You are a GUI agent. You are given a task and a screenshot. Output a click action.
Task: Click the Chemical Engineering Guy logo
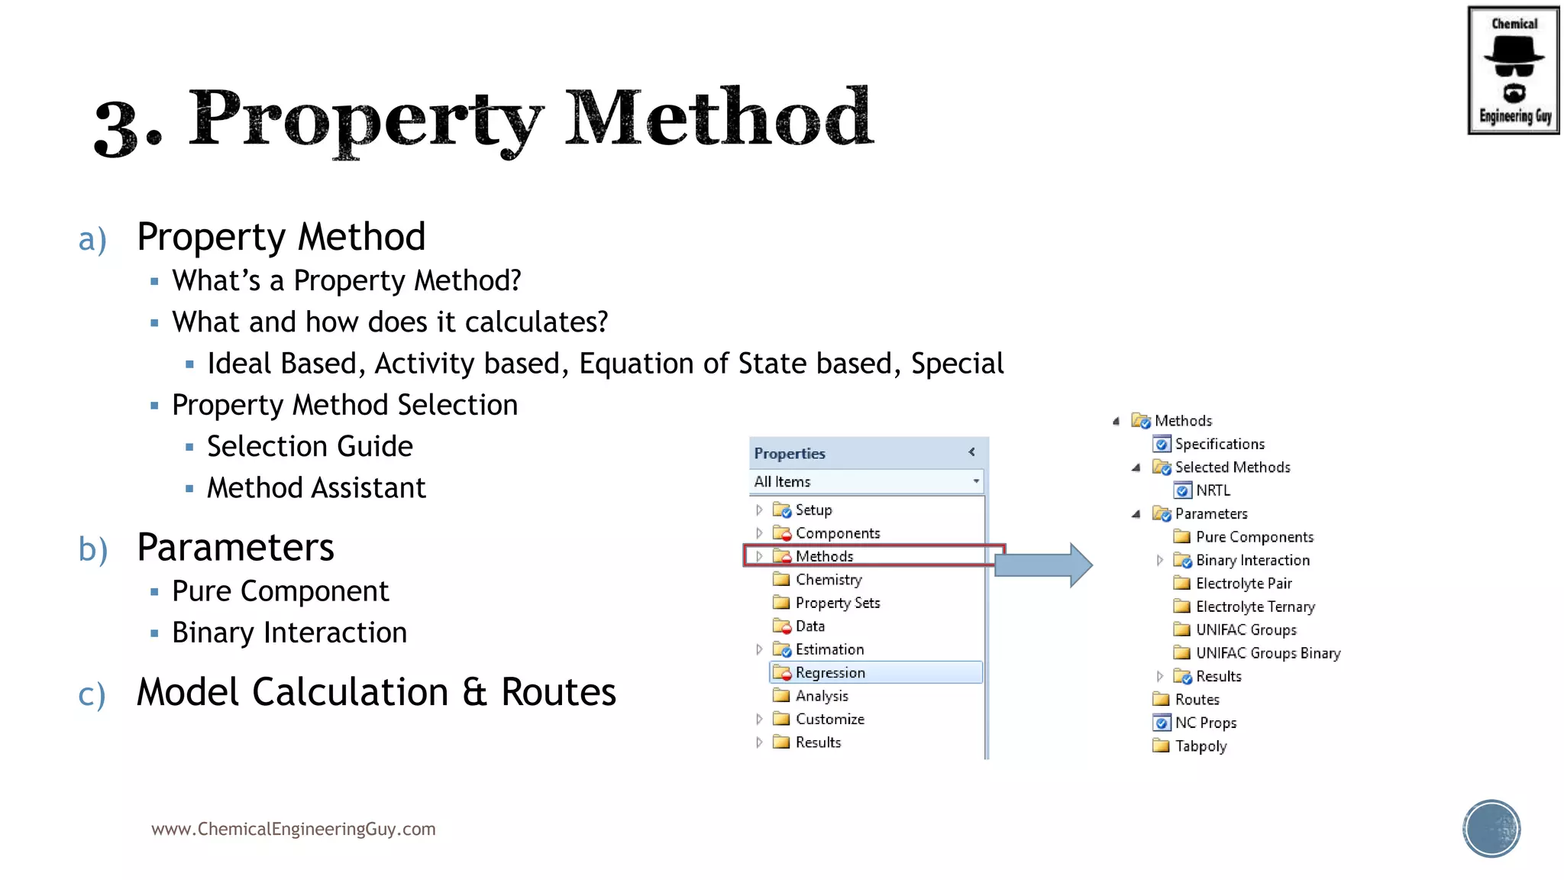[1513, 70]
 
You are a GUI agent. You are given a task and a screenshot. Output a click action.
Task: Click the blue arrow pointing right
[1043, 565]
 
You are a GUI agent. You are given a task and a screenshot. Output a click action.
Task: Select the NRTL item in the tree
[1213, 490]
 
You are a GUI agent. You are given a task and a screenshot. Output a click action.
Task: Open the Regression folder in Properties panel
[830, 673]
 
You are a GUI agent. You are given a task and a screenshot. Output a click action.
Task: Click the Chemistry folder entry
[829, 580]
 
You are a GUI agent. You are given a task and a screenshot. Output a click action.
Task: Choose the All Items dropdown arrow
[976, 481]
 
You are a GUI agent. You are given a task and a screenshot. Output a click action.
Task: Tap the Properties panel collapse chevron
[971, 452]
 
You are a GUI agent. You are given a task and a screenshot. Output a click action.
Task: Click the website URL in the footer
[293, 829]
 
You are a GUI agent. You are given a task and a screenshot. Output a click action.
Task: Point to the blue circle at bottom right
[1491, 829]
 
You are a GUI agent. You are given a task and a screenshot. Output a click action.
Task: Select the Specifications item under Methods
[1220, 444]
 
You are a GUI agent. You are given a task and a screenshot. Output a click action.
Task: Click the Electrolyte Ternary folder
[1255, 607]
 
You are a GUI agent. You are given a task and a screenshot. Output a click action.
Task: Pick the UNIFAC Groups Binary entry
[1268, 653]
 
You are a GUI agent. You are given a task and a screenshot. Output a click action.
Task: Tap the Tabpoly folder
[1200, 746]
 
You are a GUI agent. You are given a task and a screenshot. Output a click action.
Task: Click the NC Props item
[1205, 723]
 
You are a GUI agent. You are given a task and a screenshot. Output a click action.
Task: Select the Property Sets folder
[837, 603]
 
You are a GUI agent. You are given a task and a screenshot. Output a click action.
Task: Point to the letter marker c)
[92, 694]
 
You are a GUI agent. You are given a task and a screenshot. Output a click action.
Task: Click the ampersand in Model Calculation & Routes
[474, 692]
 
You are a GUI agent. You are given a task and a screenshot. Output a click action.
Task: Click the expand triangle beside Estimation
[759, 649]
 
